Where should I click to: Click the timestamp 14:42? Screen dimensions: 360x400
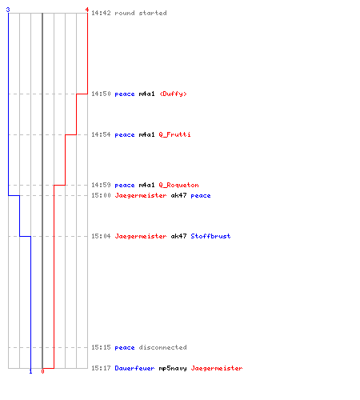click(101, 13)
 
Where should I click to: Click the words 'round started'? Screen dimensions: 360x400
click(141, 13)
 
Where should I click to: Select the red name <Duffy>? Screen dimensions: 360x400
click(173, 94)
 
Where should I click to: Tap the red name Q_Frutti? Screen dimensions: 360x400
click(174, 134)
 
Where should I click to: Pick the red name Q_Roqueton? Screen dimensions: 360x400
click(178, 185)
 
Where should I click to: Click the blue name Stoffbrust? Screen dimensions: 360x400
click(210, 236)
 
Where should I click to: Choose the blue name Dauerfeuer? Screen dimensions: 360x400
click(134, 368)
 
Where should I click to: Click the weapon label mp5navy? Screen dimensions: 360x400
click(173, 368)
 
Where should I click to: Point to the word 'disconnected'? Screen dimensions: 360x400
click(162, 347)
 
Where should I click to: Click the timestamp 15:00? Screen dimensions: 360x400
click(101, 195)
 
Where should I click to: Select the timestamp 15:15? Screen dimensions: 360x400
click(101, 347)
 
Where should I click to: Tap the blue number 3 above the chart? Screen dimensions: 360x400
click(8, 10)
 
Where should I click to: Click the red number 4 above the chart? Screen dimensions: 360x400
click(87, 10)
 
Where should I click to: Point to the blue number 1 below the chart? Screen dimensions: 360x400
click(30, 371)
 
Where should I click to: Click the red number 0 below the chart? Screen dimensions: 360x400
click(42, 371)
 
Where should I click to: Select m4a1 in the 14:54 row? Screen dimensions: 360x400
click(146, 134)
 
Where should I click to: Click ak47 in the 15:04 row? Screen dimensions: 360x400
click(178, 236)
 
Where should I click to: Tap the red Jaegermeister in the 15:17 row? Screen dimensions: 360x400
click(217, 368)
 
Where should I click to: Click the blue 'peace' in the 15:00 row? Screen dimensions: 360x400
click(201, 196)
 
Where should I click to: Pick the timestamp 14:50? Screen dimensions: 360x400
click(101, 94)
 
